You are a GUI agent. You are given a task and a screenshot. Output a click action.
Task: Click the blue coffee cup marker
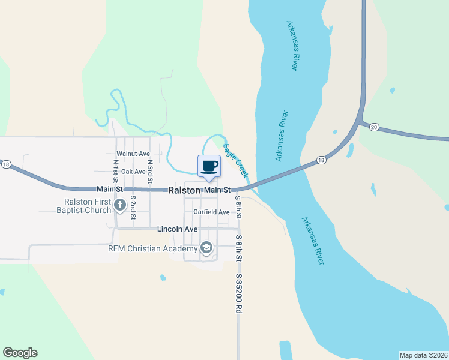coord(209,166)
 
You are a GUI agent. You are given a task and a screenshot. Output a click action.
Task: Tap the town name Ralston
coord(183,190)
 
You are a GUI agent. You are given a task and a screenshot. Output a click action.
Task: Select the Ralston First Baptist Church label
coord(84,206)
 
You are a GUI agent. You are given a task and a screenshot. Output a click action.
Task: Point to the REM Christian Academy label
coord(153,248)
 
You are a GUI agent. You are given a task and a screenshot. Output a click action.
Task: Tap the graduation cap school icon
coord(206,248)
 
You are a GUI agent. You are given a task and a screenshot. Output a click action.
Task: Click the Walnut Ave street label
coord(133,154)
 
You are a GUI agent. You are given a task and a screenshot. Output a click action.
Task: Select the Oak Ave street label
coord(133,172)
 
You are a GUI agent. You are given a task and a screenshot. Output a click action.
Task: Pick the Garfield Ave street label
coord(211,212)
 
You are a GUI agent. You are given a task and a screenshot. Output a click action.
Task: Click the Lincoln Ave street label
coord(177,229)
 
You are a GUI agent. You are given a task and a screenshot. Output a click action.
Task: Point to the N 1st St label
coord(115,170)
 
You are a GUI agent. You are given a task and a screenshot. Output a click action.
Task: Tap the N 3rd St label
coord(150,170)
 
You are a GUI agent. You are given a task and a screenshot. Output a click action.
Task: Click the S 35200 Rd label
coord(238,294)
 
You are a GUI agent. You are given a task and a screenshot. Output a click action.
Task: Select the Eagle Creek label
coord(235,159)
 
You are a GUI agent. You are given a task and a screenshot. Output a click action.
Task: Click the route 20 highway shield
coord(374,127)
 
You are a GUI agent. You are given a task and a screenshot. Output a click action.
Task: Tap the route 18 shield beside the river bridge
coord(321,160)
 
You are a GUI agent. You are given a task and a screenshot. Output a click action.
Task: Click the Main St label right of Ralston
coord(217,190)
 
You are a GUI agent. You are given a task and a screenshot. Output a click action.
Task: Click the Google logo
coord(20,353)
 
